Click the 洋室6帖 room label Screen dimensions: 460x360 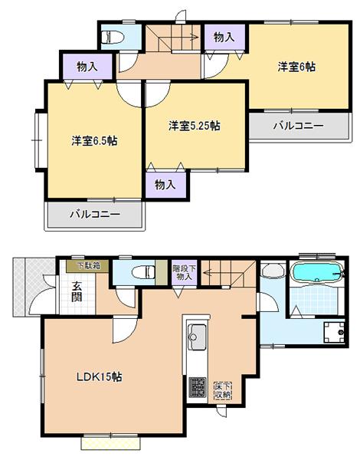click(296, 67)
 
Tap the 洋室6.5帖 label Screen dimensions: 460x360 click(94, 141)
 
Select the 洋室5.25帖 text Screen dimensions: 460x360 click(195, 124)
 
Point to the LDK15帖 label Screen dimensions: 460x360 click(100, 377)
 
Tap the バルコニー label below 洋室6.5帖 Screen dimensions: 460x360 click(96, 215)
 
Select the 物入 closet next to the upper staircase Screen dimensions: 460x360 click(224, 36)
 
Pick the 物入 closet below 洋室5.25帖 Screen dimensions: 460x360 click(165, 184)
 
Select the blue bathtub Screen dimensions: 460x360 click(317, 272)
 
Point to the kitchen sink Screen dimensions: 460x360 click(195, 336)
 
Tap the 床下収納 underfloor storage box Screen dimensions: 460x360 click(222, 389)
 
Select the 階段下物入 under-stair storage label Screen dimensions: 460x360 click(184, 272)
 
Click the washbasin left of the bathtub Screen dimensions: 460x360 click(270, 273)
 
